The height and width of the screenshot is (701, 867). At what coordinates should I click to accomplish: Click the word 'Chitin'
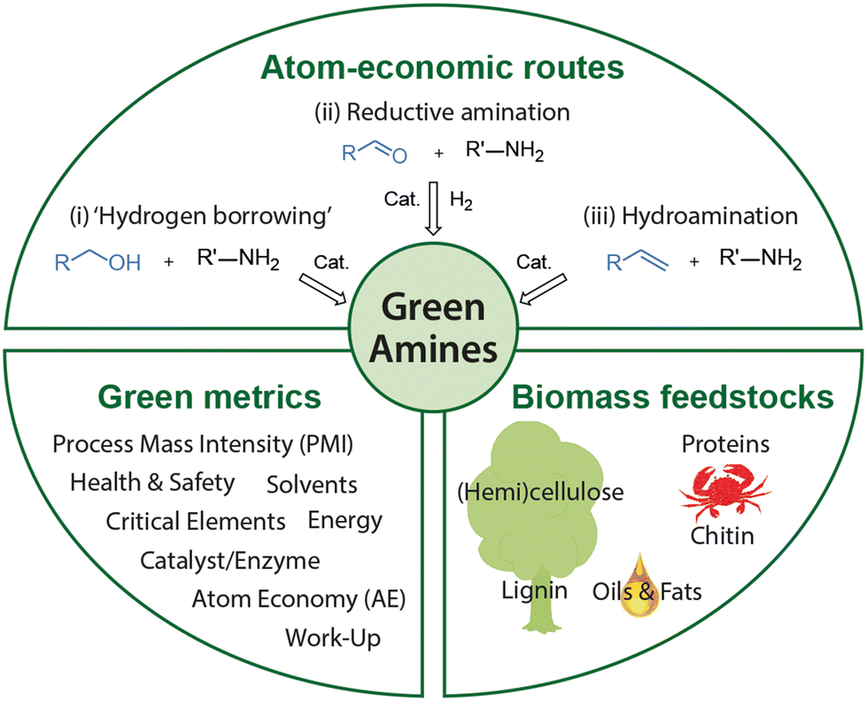pyautogui.click(x=723, y=535)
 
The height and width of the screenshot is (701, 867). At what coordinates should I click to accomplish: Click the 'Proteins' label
pyautogui.click(x=725, y=443)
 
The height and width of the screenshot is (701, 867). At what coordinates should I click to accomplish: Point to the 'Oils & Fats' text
pyautogui.click(x=646, y=591)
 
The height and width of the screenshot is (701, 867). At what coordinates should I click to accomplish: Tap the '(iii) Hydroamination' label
pyautogui.click(x=690, y=215)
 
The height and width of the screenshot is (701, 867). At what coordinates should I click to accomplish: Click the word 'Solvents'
pyautogui.click(x=312, y=484)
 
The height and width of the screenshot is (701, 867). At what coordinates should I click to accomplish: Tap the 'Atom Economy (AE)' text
pyautogui.click(x=299, y=599)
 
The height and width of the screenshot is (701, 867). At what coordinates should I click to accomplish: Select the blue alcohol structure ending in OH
pyautogui.click(x=97, y=263)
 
